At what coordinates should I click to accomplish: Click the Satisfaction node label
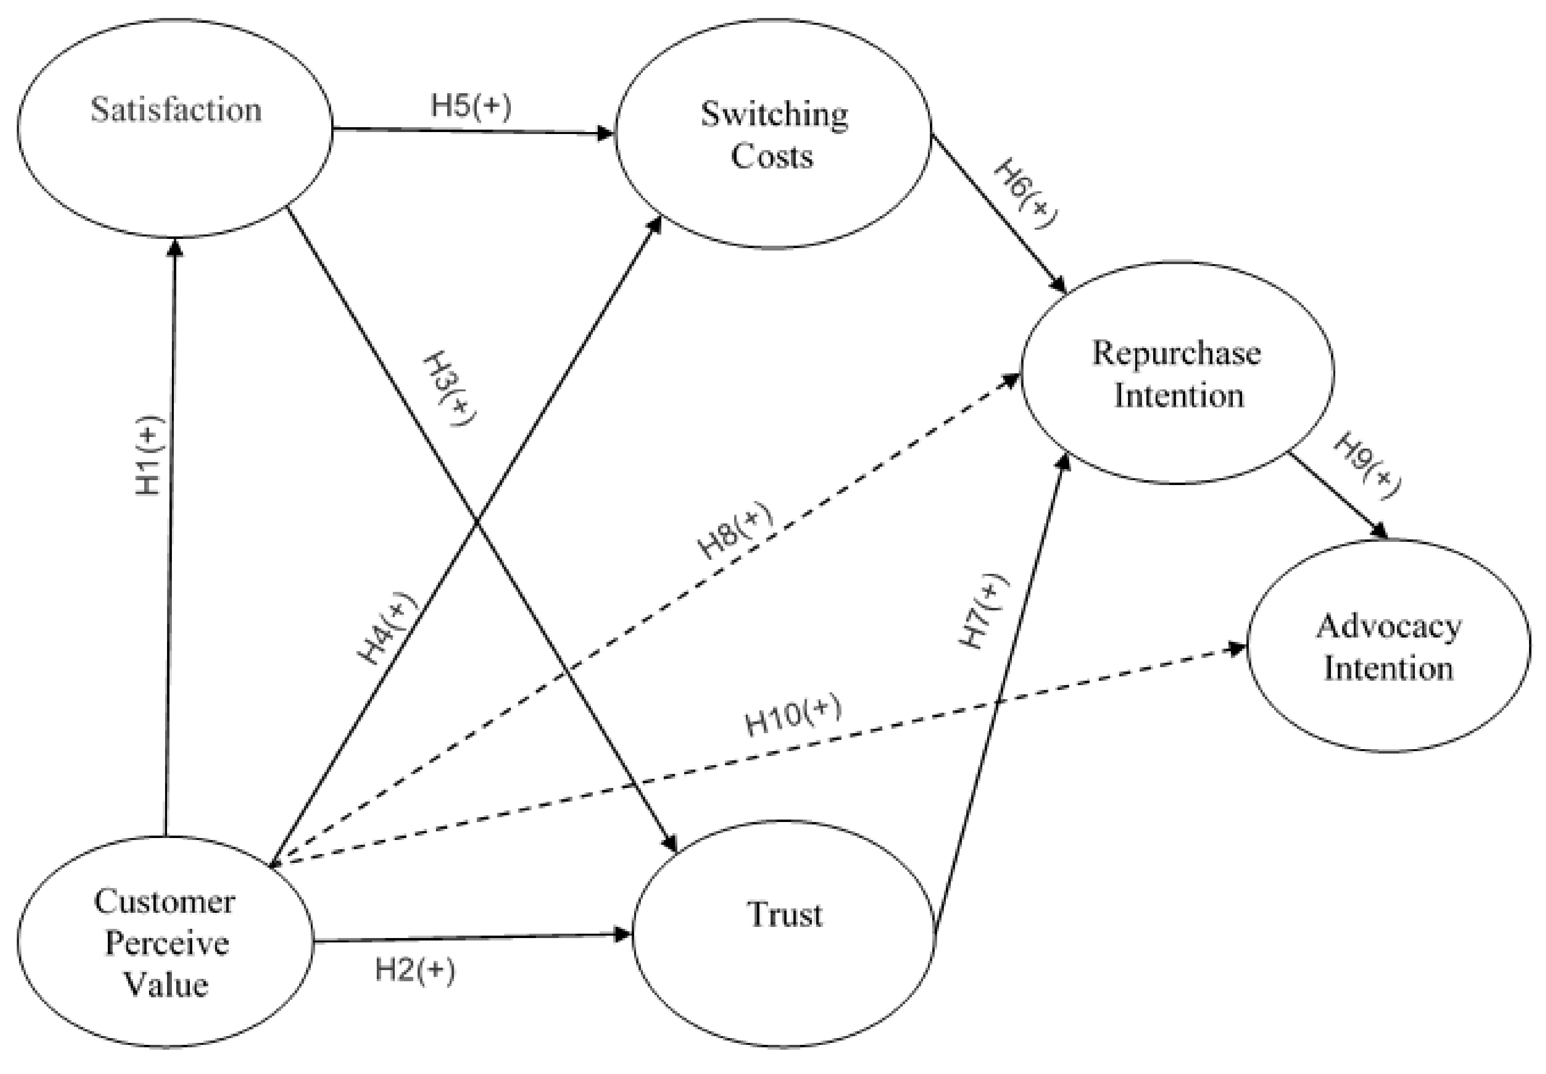(x=176, y=110)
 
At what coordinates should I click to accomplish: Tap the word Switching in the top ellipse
(x=774, y=115)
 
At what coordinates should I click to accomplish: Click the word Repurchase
(x=1176, y=354)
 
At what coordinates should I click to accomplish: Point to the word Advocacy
(x=1389, y=627)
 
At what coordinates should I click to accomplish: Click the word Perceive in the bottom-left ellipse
(x=167, y=943)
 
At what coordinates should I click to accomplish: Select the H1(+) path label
(x=149, y=457)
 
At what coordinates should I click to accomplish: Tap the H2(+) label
(x=415, y=971)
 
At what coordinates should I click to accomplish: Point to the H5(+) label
(x=471, y=106)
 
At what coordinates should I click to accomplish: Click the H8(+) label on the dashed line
(x=736, y=531)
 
